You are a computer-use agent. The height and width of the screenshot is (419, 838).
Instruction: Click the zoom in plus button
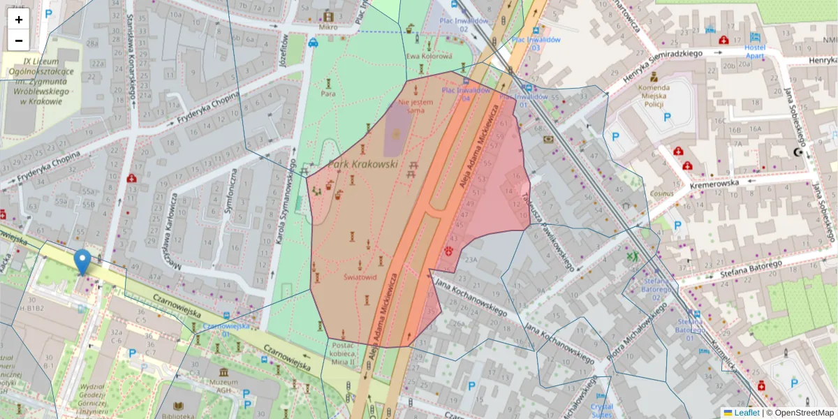tap(19, 20)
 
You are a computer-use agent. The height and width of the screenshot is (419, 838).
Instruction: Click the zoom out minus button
tap(19, 41)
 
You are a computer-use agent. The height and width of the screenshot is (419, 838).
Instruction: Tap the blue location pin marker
tap(82, 262)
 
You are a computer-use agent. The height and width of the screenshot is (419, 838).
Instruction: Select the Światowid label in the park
tap(360, 277)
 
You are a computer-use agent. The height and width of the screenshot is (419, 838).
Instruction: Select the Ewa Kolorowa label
tap(429, 56)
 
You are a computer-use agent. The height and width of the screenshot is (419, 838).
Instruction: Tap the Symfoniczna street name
tap(235, 192)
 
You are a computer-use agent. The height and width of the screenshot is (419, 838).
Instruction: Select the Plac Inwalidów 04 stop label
tap(464, 94)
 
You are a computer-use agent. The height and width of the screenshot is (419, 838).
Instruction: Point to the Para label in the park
tap(328, 93)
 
